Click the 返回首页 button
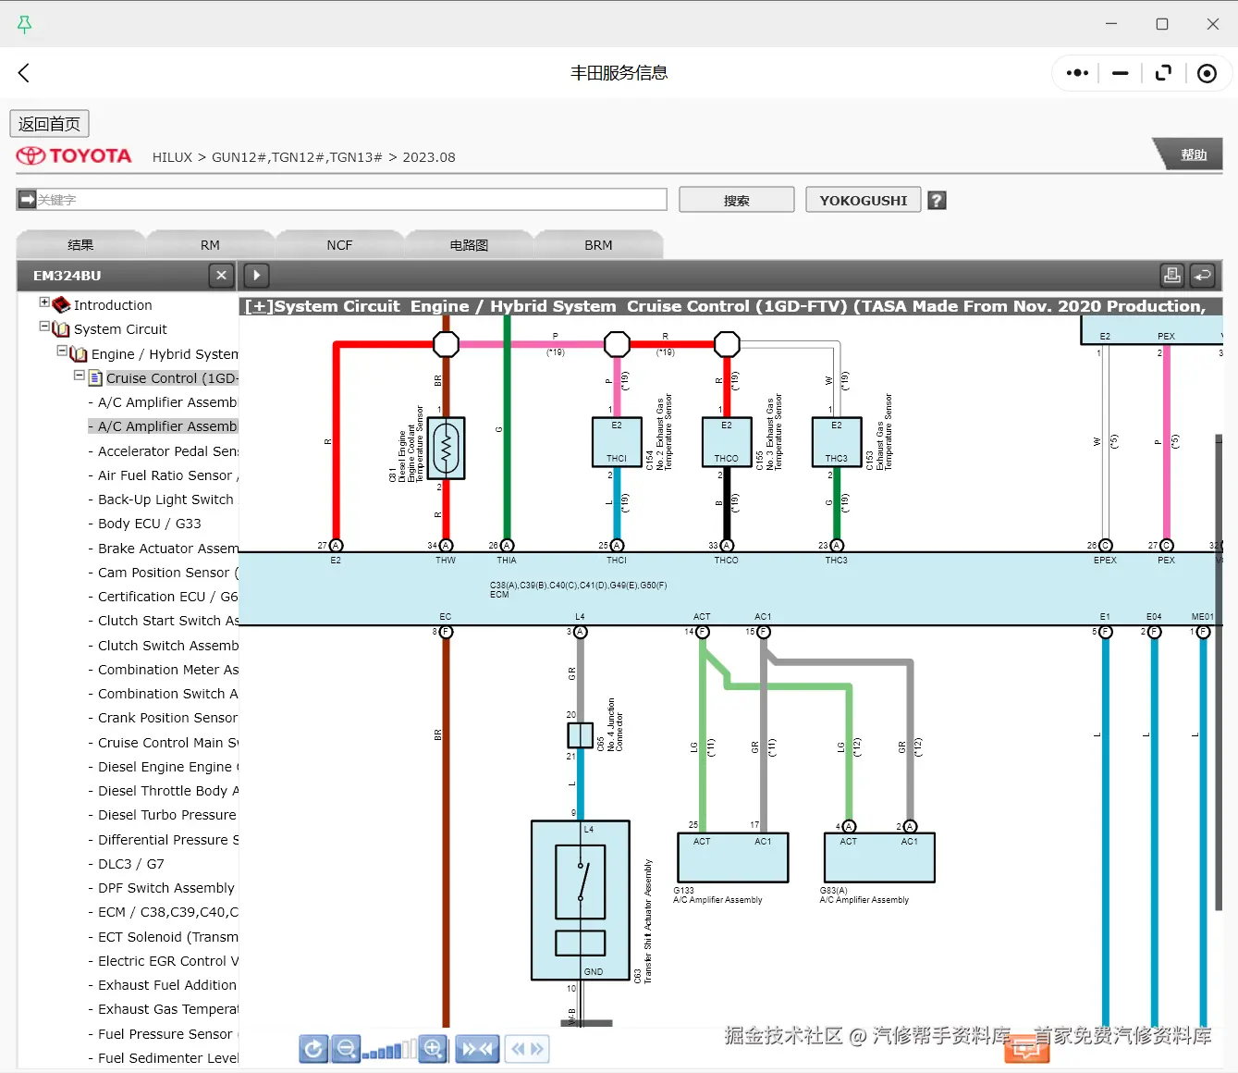click(49, 124)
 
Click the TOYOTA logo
click(74, 156)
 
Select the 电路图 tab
click(469, 245)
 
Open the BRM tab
click(598, 245)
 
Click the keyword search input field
click(351, 200)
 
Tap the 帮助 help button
click(1193, 154)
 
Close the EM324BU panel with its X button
click(221, 275)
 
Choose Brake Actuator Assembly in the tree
click(167, 549)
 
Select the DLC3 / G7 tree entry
click(130, 864)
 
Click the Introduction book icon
click(61, 305)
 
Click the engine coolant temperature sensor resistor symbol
click(447, 449)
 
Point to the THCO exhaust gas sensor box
click(727, 442)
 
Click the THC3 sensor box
click(837, 442)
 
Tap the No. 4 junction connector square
click(580, 735)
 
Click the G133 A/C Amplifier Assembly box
click(732, 857)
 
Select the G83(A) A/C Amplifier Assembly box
click(879, 857)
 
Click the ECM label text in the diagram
click(499, 595)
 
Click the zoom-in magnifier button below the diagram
click(433, 1048)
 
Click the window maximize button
click(1162, 24)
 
